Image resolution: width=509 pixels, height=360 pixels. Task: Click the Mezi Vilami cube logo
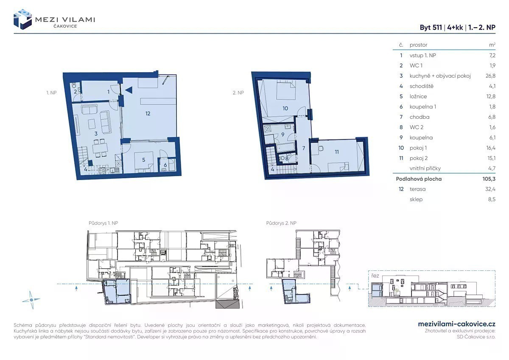click(22, 20)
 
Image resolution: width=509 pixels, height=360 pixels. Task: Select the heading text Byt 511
click(431, 28)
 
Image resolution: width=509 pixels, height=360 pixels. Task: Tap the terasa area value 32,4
click(490, 189)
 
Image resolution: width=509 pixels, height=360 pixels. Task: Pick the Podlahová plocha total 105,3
click(489, 179)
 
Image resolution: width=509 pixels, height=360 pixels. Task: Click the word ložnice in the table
click(418, 96)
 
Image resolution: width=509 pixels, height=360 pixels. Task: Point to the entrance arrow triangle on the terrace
click(129, 90)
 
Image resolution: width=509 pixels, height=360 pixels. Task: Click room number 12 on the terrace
click(148, 113)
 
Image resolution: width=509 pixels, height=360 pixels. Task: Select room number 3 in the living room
click(96, 134)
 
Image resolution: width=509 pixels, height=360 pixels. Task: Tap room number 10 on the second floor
click(285, 109)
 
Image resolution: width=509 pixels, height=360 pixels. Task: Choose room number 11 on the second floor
click(337, 152)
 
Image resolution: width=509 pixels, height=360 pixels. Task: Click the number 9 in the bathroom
click(282, 135)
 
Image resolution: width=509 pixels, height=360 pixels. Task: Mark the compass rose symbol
click(31, 300)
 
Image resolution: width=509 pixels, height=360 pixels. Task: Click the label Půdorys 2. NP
click(281, 223)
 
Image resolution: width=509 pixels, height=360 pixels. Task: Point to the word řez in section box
click(375, 276)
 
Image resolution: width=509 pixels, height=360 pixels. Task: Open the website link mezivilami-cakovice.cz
click(457, 324)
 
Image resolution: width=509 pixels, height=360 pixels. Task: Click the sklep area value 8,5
click(492, 200)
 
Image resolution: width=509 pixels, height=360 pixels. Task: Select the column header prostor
click(418, 45)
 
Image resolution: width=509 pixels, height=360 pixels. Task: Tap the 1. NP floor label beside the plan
click(51, 93)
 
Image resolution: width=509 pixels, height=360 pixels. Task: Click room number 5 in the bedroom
click(144, 160)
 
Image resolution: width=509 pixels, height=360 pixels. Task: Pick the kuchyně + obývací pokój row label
click(440, 76)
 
